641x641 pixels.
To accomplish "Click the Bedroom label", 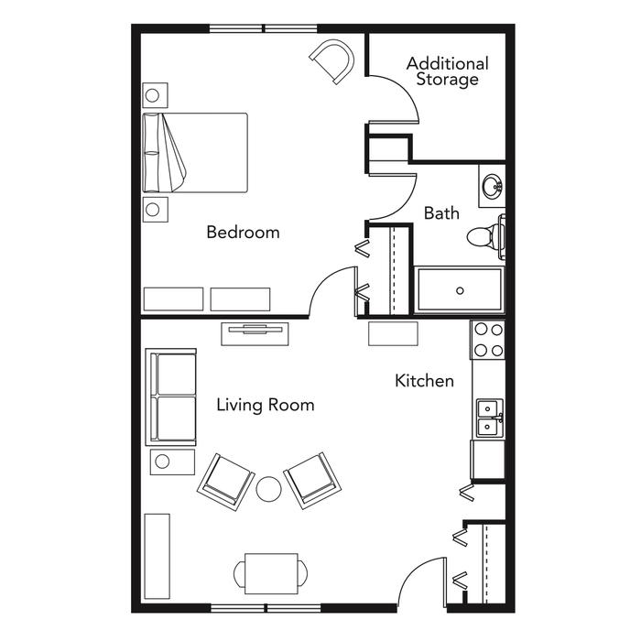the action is tap(244, 233).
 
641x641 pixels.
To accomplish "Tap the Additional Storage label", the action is tap(448, 71).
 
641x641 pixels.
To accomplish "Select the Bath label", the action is tap(441, 213).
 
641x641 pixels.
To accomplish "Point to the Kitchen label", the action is tap(424, 381).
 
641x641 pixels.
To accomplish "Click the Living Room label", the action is tap(266, 405).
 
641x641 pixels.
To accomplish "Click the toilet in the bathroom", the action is tap(485, 236).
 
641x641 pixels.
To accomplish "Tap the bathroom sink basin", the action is tap(492, 187).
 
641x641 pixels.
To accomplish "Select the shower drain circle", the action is tap(460, 290).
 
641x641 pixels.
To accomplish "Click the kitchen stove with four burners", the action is tap(488, 340).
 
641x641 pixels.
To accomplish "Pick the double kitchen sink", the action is tap(490, 418).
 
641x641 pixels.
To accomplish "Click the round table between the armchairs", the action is tap(268, 488).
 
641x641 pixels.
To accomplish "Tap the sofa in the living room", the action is tap(171, 397).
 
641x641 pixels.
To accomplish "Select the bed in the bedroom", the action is tap(195, 153).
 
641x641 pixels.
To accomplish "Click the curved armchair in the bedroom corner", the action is tap(332, 61).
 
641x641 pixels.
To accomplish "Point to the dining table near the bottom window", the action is tap(271, 573).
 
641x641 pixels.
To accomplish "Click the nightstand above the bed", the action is tap(155, 95).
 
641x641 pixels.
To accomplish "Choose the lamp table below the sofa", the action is tap(172, 462).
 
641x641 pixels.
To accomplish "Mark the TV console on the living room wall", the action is tap(255, 333).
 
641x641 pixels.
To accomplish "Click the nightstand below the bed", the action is tap(156, 210).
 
